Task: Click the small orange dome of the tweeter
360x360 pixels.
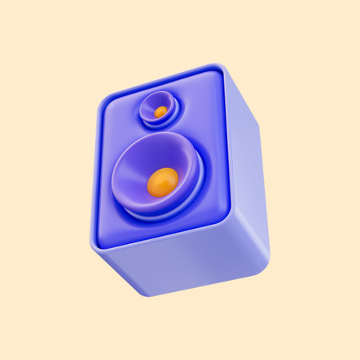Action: (x=161, y=111)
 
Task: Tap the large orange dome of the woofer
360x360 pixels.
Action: (x=162, y=182)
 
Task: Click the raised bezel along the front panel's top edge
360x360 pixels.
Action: (x=160, y=82)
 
